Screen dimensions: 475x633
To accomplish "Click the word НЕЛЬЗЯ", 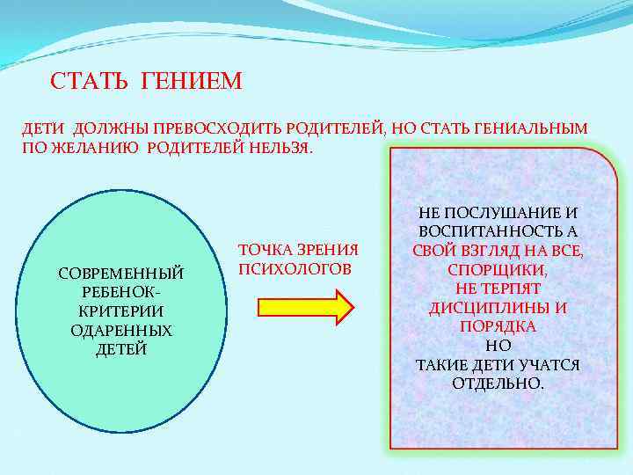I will pyautogui.click(x=280, y=147).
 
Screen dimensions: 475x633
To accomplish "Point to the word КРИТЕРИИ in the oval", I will pyautogui.click(x=121, y=311).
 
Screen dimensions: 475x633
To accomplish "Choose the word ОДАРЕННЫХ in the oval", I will pyautogui.click(x=121, y=331).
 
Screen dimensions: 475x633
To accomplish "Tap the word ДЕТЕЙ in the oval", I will pyautogui.click(x=121, y=349).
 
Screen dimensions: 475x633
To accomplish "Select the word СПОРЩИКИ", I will pyautogui.click(x=498, y=269).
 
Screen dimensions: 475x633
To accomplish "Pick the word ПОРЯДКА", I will pyautogui.click(x=498, y=326).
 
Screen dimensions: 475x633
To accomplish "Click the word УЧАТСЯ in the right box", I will pyautogui.click(x=550, y=364).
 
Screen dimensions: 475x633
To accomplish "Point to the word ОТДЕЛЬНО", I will pyautogui.click(x=498, y=384).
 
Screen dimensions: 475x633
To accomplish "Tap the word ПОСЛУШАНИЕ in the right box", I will pyautogui.click(x=491, y=212).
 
